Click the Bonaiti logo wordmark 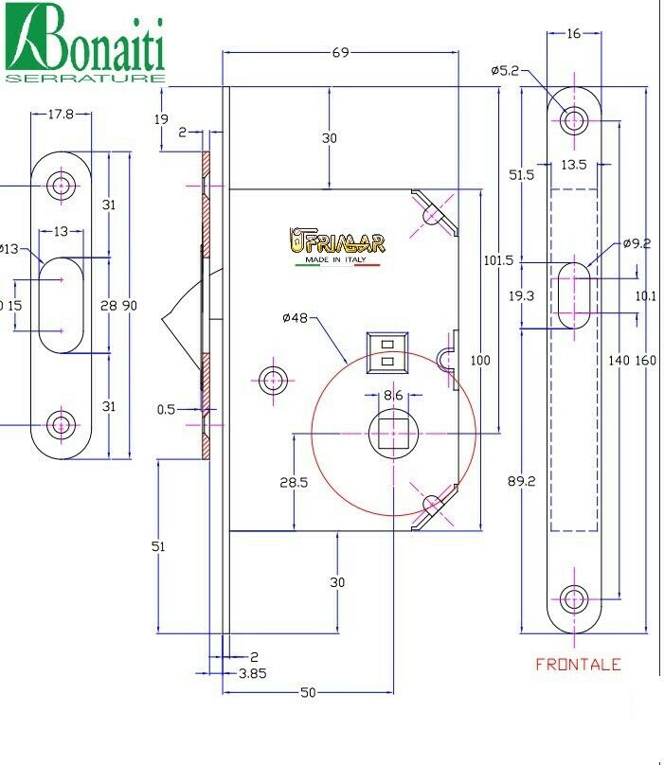coord(85,43)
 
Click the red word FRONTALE coord(578,664)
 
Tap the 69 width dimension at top coord(340,52)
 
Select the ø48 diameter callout coord(296,318)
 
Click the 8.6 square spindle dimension coord(393,395)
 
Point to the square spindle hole coord(393,434)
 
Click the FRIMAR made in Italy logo coord(337,246)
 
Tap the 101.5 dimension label coord(498,260)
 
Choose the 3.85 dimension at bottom coord(252,674)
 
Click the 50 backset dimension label coord(308,692)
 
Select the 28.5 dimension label coord(294,483)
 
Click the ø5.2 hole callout coord(505,71)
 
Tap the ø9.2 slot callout coord(637,243)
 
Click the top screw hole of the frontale coord(574,120)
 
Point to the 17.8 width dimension coord(61,115)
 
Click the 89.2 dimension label coord(521,481)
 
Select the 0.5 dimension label coord(166,409)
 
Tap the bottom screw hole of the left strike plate coord(61,425)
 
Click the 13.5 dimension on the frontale coord(574,165)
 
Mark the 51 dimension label coord(158,546)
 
